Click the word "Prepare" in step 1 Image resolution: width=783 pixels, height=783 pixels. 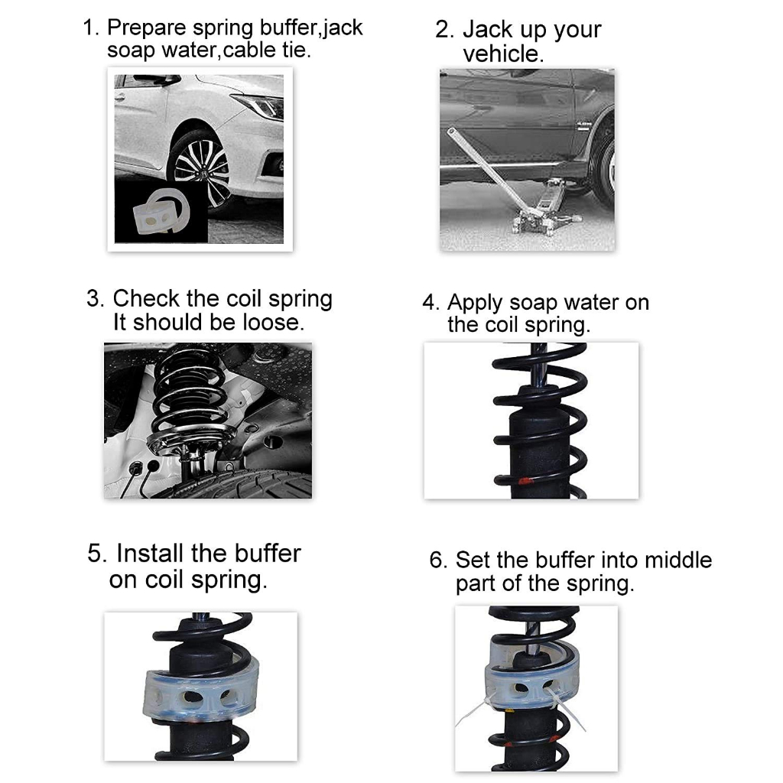click(146, 28)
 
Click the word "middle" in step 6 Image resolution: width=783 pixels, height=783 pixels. click(678, 560)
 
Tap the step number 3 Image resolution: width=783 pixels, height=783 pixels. click(95, 299)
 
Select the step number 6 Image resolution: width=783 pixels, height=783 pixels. click(438, 560)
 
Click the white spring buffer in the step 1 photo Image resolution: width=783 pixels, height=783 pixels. click(161, 211)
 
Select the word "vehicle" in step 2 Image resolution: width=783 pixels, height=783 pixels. click(501, 54)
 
